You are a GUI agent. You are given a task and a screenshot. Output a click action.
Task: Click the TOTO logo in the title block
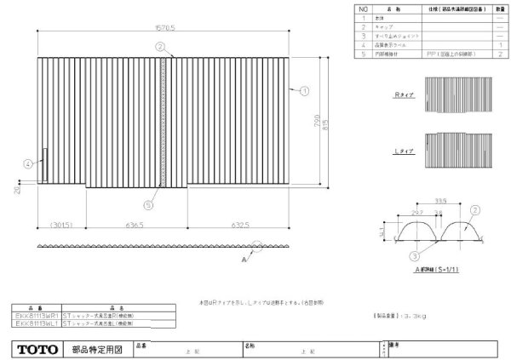(x=37, y=349)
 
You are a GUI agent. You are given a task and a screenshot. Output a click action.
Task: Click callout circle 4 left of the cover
(x=27, y=163)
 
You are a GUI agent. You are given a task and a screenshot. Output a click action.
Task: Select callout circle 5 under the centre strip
(x=149, y=204)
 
